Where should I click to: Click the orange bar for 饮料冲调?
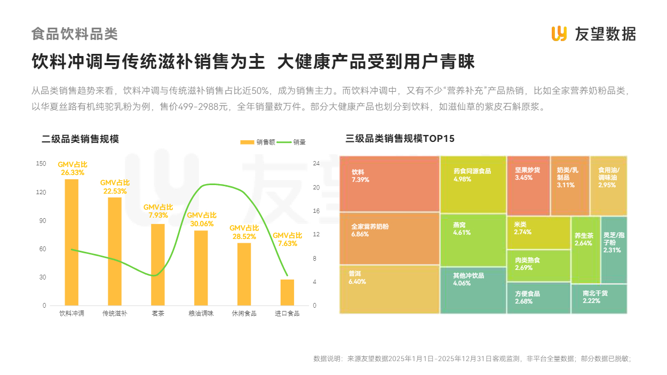tap(72, 242)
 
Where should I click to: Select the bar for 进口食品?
tap(288, 292)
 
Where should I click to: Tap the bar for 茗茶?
tap(158, 265)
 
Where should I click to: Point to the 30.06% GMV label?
tap(202, 219)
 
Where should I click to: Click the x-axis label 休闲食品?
tap(244, 314)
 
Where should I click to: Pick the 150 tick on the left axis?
tap(41, 164)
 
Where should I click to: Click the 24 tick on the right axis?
tap(316, 164)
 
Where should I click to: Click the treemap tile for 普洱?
tap(389, 289)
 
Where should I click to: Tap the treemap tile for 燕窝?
tap(473, 240)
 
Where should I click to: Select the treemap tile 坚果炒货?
tap(528, 186)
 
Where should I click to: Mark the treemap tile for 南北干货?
tap(599, 299)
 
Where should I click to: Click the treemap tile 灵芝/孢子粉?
tap(614, 250)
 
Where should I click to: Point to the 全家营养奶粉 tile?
tap(389, 238)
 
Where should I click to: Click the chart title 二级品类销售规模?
tap(80, 139)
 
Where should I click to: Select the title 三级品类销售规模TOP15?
tap(400, 139)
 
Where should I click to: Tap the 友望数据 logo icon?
tap(559, 34)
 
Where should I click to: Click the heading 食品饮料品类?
tap(74, 34)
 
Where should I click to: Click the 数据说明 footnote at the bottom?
tap(472, 358)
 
